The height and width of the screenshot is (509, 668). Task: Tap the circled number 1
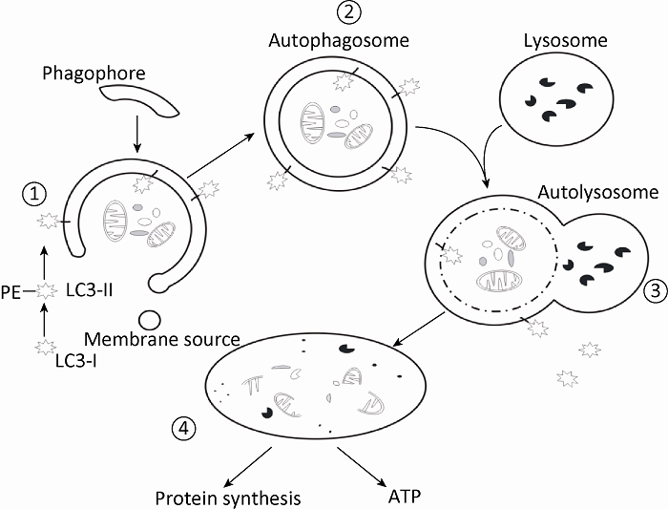pos(35,194)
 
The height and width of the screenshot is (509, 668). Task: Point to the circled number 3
pos(652,293)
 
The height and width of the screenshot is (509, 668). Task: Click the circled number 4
pos(185,429)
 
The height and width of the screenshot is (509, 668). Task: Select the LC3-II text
pos(90,287)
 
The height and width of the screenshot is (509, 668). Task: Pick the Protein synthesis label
pos(229,498)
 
